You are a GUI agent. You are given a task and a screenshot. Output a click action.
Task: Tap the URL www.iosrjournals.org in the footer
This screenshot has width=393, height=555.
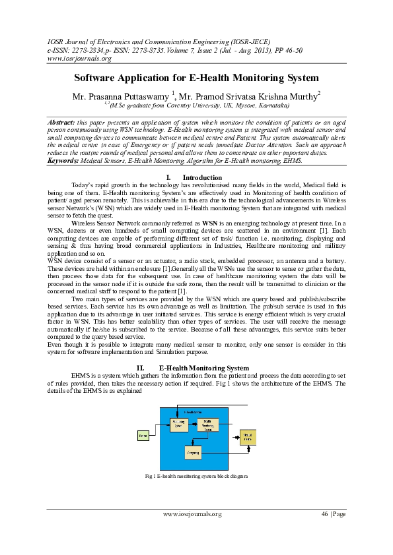tap(192, 513)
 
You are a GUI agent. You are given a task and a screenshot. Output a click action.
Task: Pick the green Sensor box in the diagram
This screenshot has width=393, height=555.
tap(143, 435)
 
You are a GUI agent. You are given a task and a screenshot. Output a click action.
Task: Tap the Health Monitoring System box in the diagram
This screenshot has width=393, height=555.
tap(207, 425)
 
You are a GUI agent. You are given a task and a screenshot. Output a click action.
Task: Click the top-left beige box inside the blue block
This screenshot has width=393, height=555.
tap(179, 423)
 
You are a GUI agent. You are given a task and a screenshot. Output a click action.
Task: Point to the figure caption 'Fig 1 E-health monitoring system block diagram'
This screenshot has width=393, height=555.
tap(196, 475)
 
